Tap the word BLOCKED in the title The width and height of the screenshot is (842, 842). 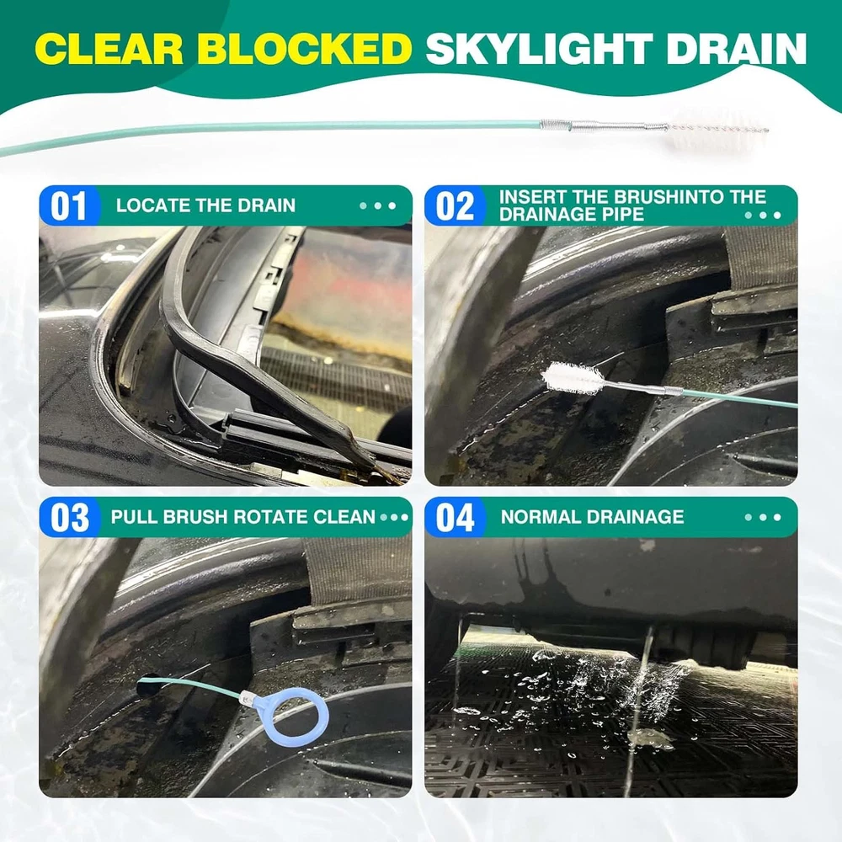tap(305, 49)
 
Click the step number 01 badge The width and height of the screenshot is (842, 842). tap(69, 206)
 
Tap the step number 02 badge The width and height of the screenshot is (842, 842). tap(455, 206)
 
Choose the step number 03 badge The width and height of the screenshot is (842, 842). tap(69, 518)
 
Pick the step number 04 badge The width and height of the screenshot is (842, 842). tap(455, 518)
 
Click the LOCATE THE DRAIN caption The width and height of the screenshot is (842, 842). tap(205, 205)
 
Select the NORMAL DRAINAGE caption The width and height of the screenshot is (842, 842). tap(592, 517)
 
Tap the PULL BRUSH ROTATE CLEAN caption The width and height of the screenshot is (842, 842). tap(242, 517)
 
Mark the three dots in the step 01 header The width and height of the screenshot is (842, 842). tap(377, 205)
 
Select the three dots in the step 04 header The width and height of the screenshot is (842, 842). tap(763, 518)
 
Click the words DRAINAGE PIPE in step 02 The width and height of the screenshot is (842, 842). tap(572, 215)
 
